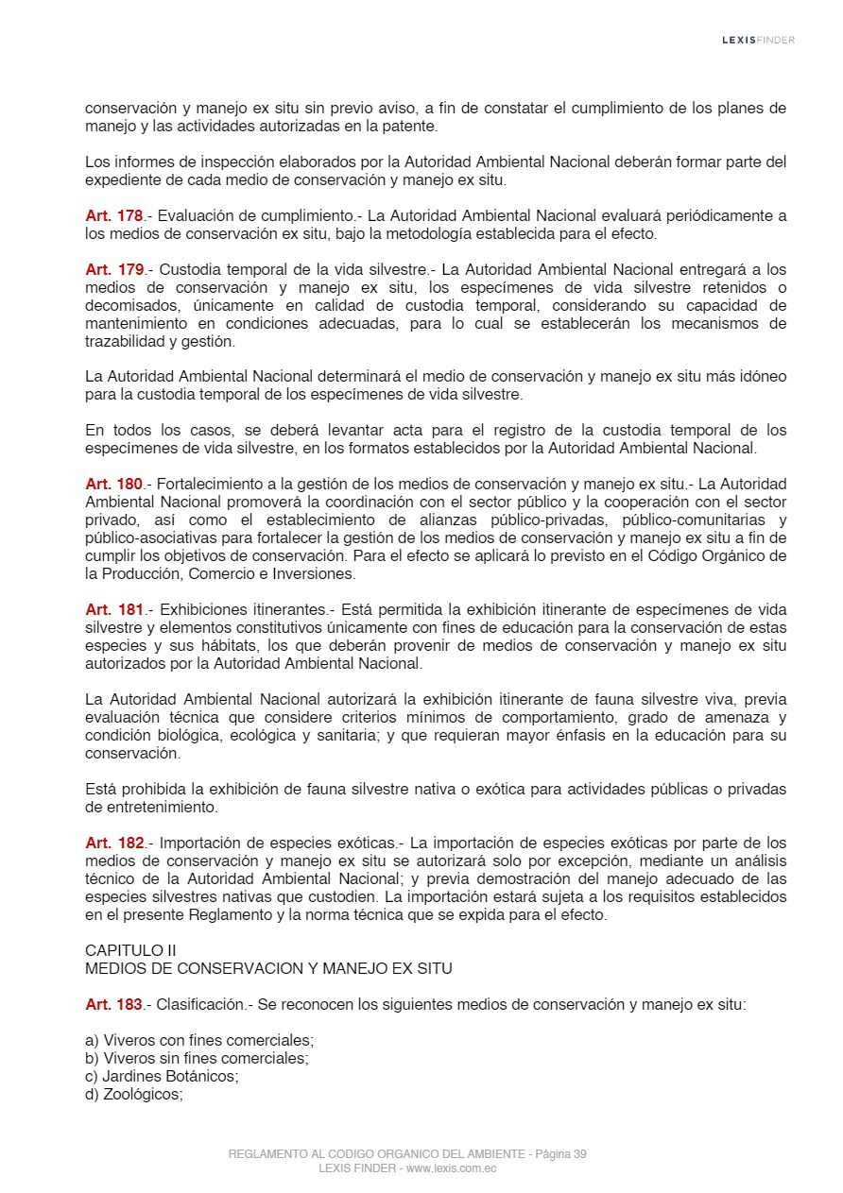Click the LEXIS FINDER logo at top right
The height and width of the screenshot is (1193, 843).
758,40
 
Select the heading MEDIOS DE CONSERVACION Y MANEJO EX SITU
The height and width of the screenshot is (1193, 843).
268,968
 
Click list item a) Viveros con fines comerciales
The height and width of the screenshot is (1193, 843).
199,1040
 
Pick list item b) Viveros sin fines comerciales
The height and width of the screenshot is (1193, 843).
197,1058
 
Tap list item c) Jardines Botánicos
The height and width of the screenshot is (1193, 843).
162,1076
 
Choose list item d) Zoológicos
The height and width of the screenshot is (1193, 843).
134,1094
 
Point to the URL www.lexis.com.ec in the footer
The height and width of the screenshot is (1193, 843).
452,1168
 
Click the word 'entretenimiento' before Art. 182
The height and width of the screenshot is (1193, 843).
151,807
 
